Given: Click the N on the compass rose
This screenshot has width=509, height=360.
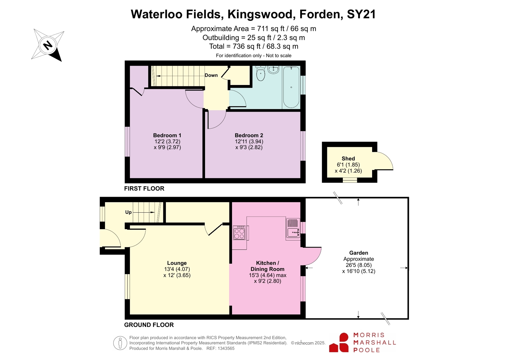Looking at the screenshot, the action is (x=48, y=45).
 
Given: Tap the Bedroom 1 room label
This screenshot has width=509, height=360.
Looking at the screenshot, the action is (x=167, y=136).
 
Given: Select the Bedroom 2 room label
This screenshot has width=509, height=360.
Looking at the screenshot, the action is (x=249, y=136).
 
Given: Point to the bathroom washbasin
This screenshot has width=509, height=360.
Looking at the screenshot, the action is (x=273, y=70).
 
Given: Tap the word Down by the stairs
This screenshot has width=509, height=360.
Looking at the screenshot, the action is (x=211, y=75).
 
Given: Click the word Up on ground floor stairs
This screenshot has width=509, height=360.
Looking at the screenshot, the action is (x=128, y=212).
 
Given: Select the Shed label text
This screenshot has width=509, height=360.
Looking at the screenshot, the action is (x=348, y=159).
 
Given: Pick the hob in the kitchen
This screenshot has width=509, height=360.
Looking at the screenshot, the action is (x=239, y=233).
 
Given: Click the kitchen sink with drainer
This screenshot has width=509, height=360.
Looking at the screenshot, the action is (x=293, y=228).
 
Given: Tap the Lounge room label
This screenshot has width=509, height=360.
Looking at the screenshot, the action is (x=177, y=263).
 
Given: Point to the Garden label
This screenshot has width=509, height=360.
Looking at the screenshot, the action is (x=358, y=253).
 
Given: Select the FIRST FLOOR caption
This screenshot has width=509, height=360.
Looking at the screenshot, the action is (x=144, y=189).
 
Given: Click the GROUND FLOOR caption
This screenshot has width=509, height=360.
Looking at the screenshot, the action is (x=149, y=325).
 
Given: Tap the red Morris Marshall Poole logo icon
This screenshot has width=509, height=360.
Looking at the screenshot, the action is (x=339, y=342).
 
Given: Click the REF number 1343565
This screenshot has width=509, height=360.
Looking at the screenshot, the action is (x=226, y=349).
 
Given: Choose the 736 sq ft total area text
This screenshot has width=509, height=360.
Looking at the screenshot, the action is (x=247, y=46).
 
